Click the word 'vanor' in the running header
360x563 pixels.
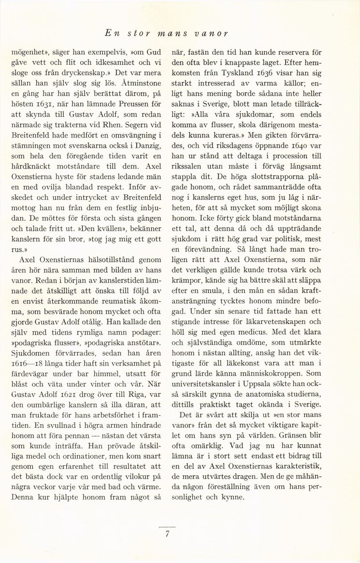tap(212, 34)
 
